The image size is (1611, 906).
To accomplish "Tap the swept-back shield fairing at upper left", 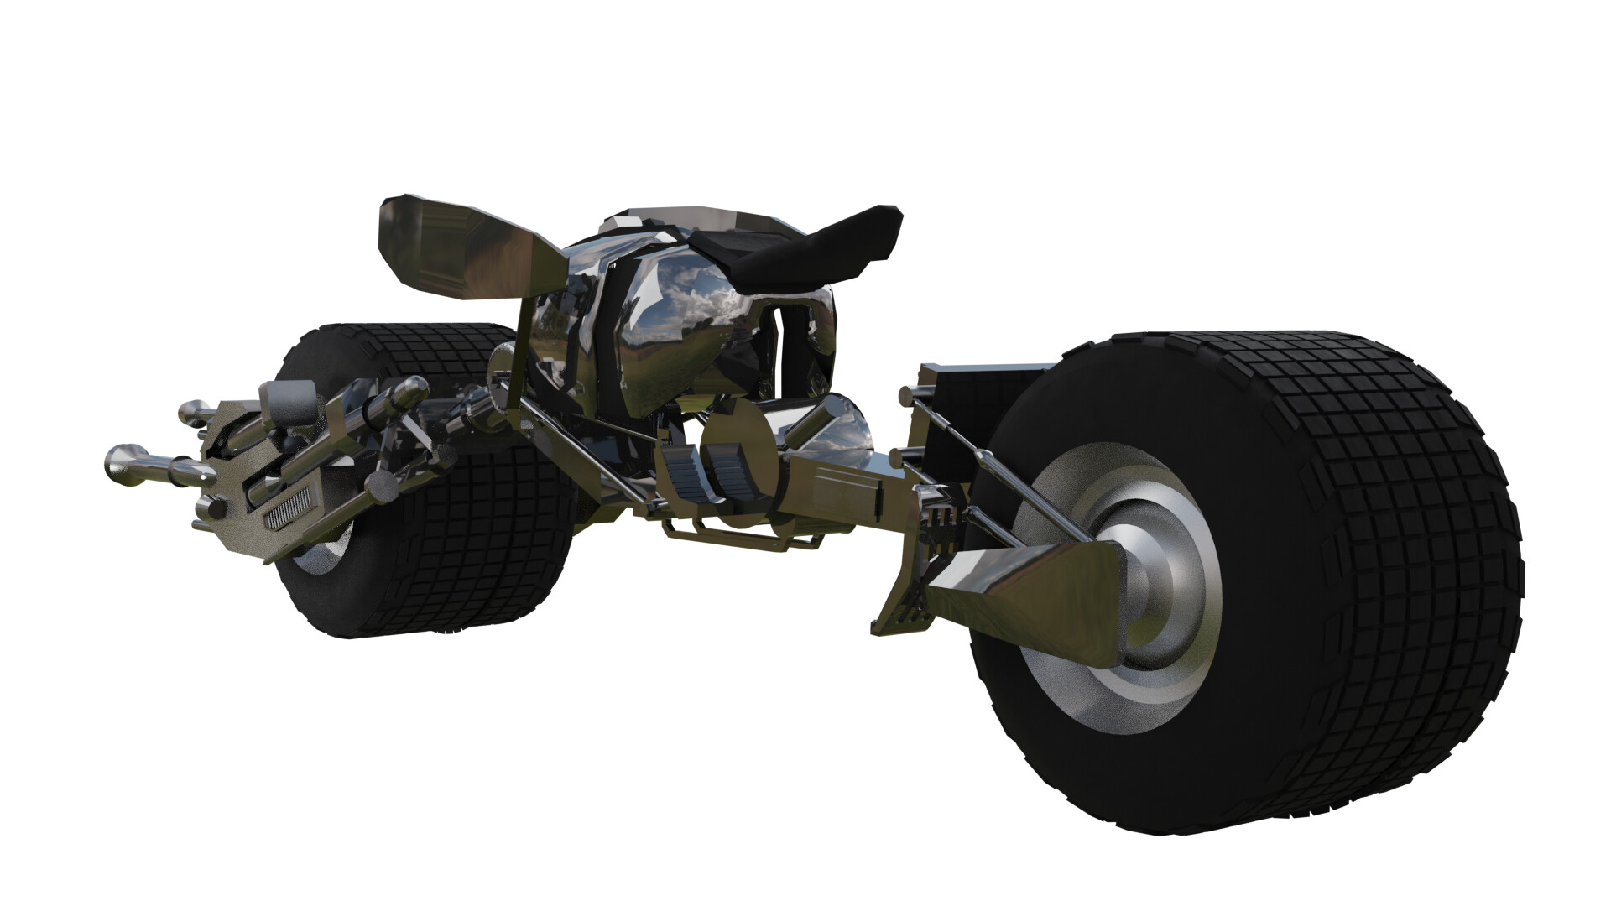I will click(x=457, y=247).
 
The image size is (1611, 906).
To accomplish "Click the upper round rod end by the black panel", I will click(x=907, y=394).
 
